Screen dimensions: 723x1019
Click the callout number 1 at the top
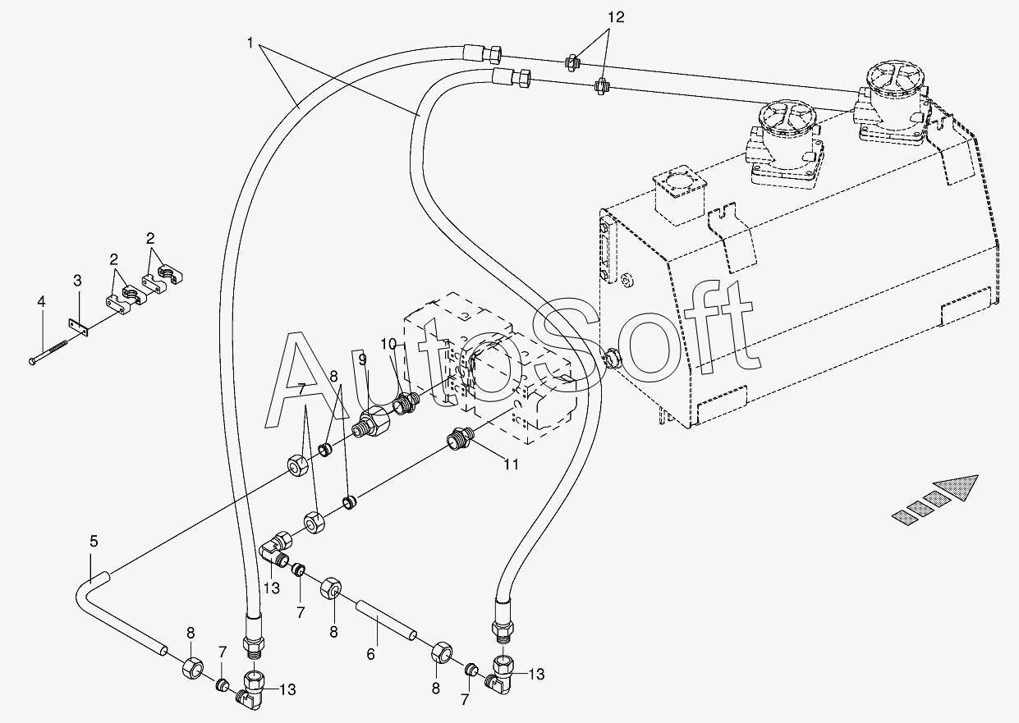click(250, 41)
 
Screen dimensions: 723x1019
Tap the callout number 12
click(615, 16)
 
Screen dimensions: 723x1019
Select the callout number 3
click(77, 281)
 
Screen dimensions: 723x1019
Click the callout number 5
click(94, 542)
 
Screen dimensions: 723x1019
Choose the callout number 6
click(370, 654)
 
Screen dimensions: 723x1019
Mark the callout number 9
click(362, 359)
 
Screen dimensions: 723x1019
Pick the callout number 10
click(388, 342)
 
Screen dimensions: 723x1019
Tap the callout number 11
click(511, 464)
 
